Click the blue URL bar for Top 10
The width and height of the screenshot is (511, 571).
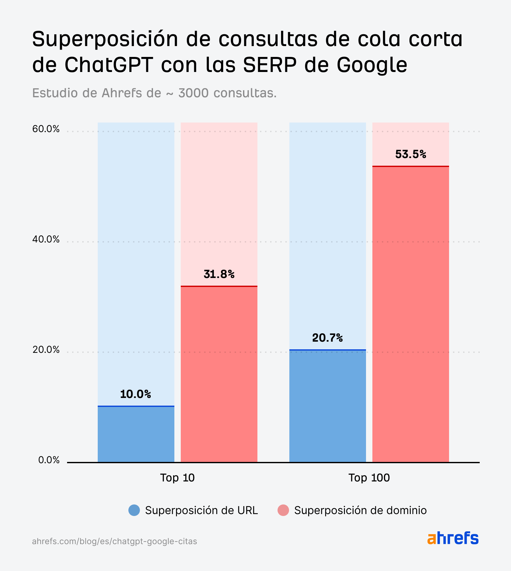click(136, 434)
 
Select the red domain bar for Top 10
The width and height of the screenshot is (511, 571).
click(219, 374)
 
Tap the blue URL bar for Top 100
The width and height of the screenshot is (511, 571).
click(327, 406)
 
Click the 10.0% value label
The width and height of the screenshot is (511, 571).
click(135, 394)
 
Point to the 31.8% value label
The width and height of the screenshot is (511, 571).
click(219, 274)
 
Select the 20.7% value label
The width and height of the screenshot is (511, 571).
click(327, 338)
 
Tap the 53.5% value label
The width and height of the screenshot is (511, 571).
click(411, 155)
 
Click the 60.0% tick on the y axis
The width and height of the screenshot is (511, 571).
click(46, 129)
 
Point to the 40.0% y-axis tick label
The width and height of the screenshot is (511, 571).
click(46, 239)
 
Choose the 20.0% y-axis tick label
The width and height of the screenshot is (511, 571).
click(46, 350)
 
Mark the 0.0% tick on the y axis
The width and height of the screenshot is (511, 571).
click(49, 460)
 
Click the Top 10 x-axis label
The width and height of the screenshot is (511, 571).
click(177, 478)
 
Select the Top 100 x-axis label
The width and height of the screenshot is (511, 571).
click(369, 478)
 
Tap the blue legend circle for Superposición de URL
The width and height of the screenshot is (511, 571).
click(134, 510)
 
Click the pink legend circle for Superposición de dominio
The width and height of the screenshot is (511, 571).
click(283, 510)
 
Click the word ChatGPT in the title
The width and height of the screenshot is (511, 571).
click(109, 65)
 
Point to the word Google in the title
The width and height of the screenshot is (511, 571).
click(372, 65)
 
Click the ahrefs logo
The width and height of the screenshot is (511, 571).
click(453, 538)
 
